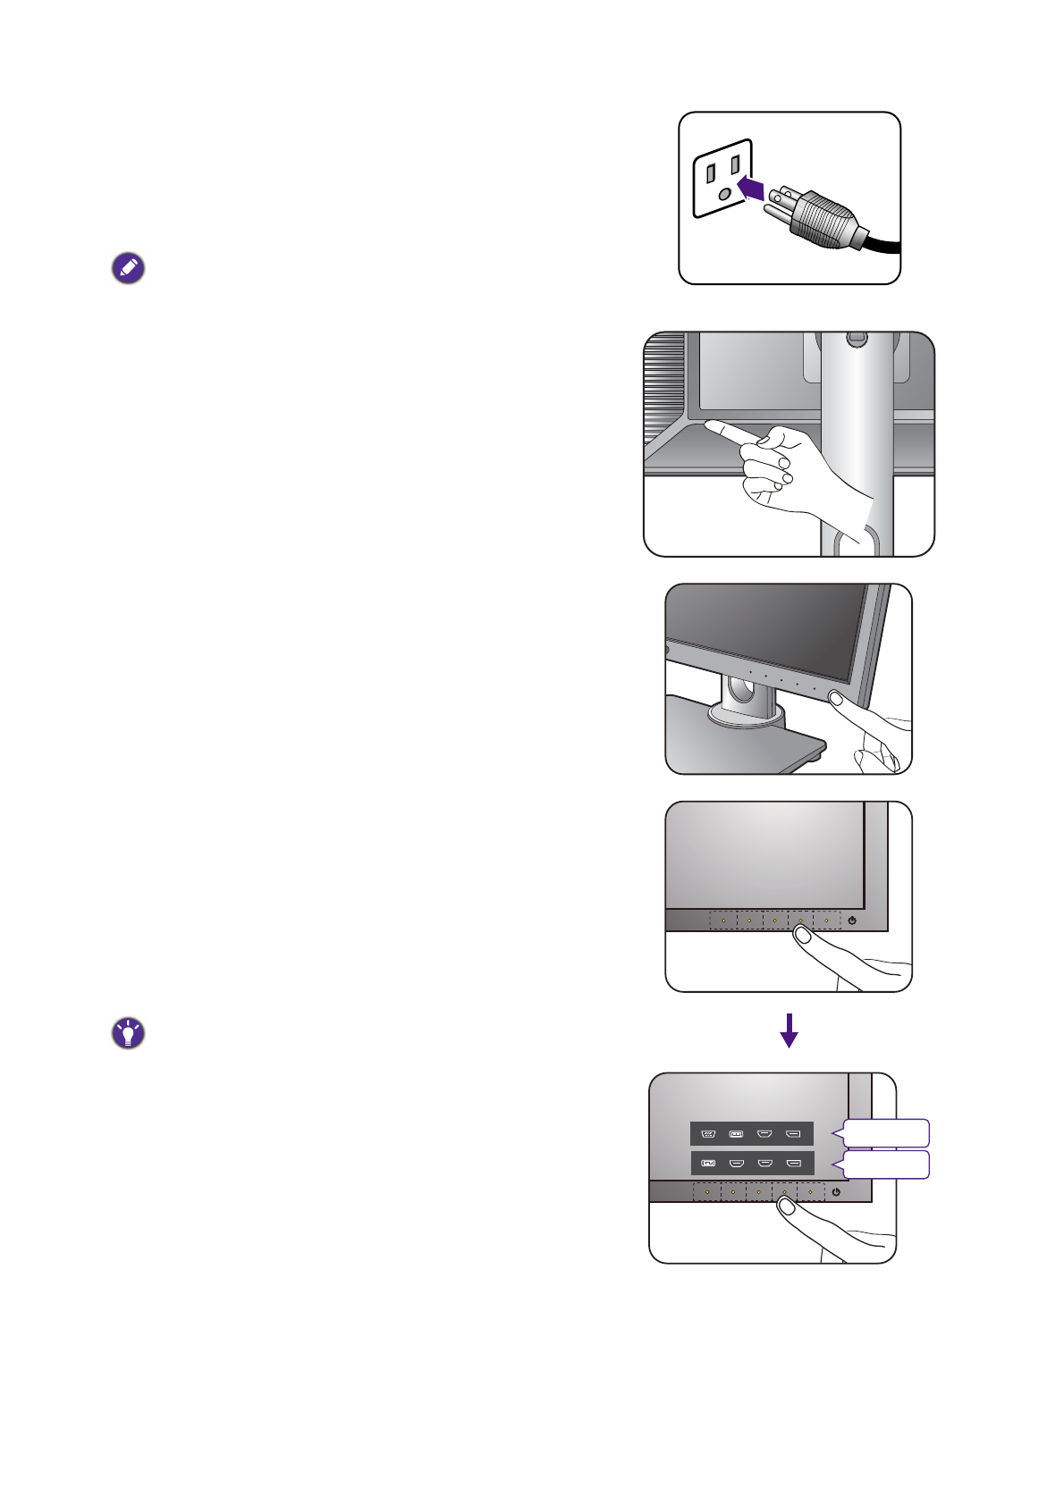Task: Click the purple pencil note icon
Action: coord(128,268)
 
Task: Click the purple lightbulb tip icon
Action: coord(128,1033)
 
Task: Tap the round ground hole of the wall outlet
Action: coord(724,192)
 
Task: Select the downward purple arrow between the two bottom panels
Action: coord(789,1030)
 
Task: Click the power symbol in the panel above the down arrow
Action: coord(853,921)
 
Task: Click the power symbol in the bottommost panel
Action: coord(836,1192)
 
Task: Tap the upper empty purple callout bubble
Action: coord(885,1133)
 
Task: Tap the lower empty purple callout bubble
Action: coord(885,1164)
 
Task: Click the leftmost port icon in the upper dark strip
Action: coord(708,1134)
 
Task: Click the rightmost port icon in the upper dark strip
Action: coord(793,1134)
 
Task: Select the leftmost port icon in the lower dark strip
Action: coord(708,1164)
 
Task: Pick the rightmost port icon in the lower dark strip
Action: coord(793,1164)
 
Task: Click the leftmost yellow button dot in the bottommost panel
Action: coord(706,1192)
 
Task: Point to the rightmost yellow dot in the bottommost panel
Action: coord(810,1192)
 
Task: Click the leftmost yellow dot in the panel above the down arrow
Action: coord(723,921)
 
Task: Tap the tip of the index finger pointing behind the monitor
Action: coord(708,426)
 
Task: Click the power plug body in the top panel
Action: coord(823,222)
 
